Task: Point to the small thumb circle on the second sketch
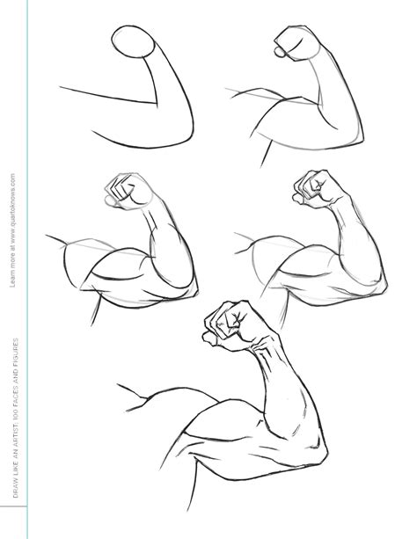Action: pyautogui.click(x=281, y=51)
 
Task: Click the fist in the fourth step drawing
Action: pyautogui.click(x=312, y=186)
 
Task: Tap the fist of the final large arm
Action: pyautogui.click(x=232, y=325)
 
